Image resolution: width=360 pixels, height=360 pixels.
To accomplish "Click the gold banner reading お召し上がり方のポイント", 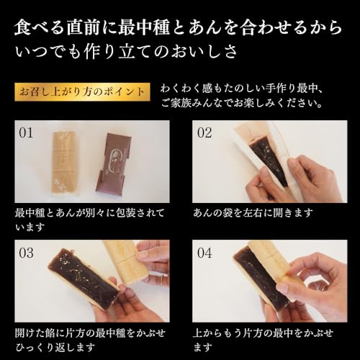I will click(81, 92).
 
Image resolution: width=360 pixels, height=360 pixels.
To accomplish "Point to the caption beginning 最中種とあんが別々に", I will click(90, 213).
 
